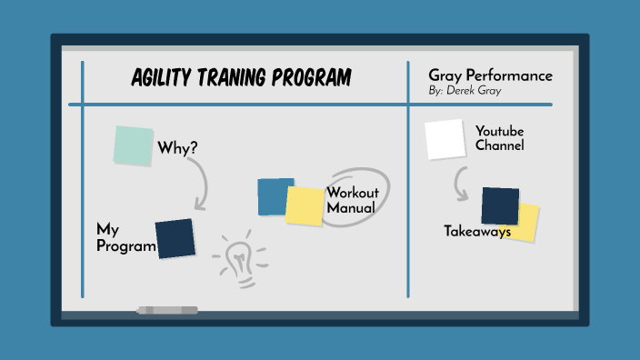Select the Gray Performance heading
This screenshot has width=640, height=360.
click(x=490, y=75)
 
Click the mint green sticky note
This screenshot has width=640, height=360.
click(x=134, y=145)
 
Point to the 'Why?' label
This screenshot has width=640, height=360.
click(x=177, y=147)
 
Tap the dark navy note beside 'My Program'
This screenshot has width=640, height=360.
click(x=175, y=238)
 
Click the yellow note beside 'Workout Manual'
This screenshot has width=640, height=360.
click(x=305, y=206)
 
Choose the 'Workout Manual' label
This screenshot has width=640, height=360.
click(x=351, y=200)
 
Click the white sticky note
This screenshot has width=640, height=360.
click(x=445, y=139)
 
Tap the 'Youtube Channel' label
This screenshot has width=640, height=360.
click(x=499, y=137)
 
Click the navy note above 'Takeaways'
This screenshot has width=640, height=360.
click(x=499, y=205)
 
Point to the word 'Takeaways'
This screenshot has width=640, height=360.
click(x=476, y=232)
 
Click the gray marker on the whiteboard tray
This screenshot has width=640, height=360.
click(x=166, y=310)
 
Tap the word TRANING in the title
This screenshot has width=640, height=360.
click(x=236, y=78)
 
